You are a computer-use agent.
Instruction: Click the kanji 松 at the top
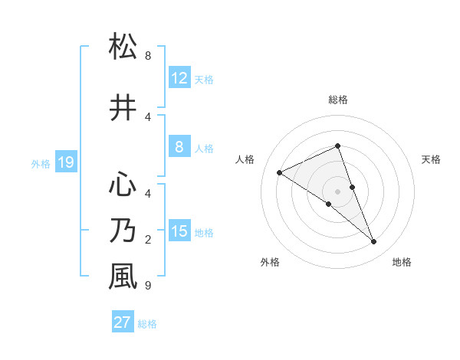(x=123, y=47)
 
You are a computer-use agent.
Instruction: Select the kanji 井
(x=123, y=108)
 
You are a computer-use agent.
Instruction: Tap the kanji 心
(x=123, y=185)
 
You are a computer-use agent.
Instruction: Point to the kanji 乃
(x=123, y=231)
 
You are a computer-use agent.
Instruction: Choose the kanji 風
(x=123, y=277)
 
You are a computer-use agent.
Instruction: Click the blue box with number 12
(x=179, y=78)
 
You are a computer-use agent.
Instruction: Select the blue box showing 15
(x=179, y=231)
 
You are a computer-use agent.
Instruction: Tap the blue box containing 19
(x=65, y=162)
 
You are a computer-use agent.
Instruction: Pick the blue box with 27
(x=123, y=322)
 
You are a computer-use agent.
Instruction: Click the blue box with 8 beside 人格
(x=179, y=147)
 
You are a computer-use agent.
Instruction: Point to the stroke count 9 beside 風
(x=148, y=286)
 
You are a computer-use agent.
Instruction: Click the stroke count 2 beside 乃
(x=148, y=240)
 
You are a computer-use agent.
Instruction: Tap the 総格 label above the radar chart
(x=338, y=100)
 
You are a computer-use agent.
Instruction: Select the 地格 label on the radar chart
(x=402, y=262)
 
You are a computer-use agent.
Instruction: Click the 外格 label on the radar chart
(x=270, y=262)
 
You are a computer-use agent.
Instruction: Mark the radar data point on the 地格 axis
(x=374, y=242)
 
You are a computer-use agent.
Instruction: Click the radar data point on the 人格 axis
(x=279, y=172)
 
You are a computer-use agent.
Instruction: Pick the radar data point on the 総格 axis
(x=338, y=146)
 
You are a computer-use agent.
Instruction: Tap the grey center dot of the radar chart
(x=338, y=191)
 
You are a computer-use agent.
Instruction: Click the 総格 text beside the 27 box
(x=147, y=324)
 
